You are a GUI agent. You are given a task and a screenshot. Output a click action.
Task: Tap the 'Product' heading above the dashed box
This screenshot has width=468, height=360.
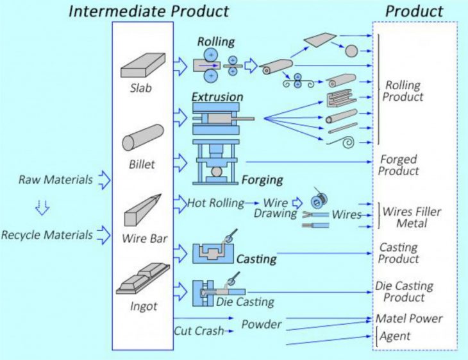(414, 11)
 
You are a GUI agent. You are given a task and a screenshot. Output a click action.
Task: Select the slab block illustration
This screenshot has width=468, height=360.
(143, 66)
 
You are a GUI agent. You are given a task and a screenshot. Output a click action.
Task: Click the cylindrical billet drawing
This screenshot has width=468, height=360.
(142, 139)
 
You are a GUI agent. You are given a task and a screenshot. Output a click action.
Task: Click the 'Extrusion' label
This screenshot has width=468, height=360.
(217, 97)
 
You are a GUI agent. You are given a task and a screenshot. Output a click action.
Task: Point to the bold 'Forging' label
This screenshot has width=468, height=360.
(261, 180)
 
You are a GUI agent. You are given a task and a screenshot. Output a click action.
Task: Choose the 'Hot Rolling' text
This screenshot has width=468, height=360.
(215, 203)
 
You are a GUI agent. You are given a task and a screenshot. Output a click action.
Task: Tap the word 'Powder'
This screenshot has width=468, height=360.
(261, 324)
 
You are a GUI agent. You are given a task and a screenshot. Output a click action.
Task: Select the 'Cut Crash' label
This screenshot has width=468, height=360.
(199, 331)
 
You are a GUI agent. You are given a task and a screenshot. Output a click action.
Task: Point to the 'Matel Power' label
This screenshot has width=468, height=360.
(409, 318)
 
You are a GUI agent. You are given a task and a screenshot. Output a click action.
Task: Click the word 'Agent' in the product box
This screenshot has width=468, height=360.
(396, 336)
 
